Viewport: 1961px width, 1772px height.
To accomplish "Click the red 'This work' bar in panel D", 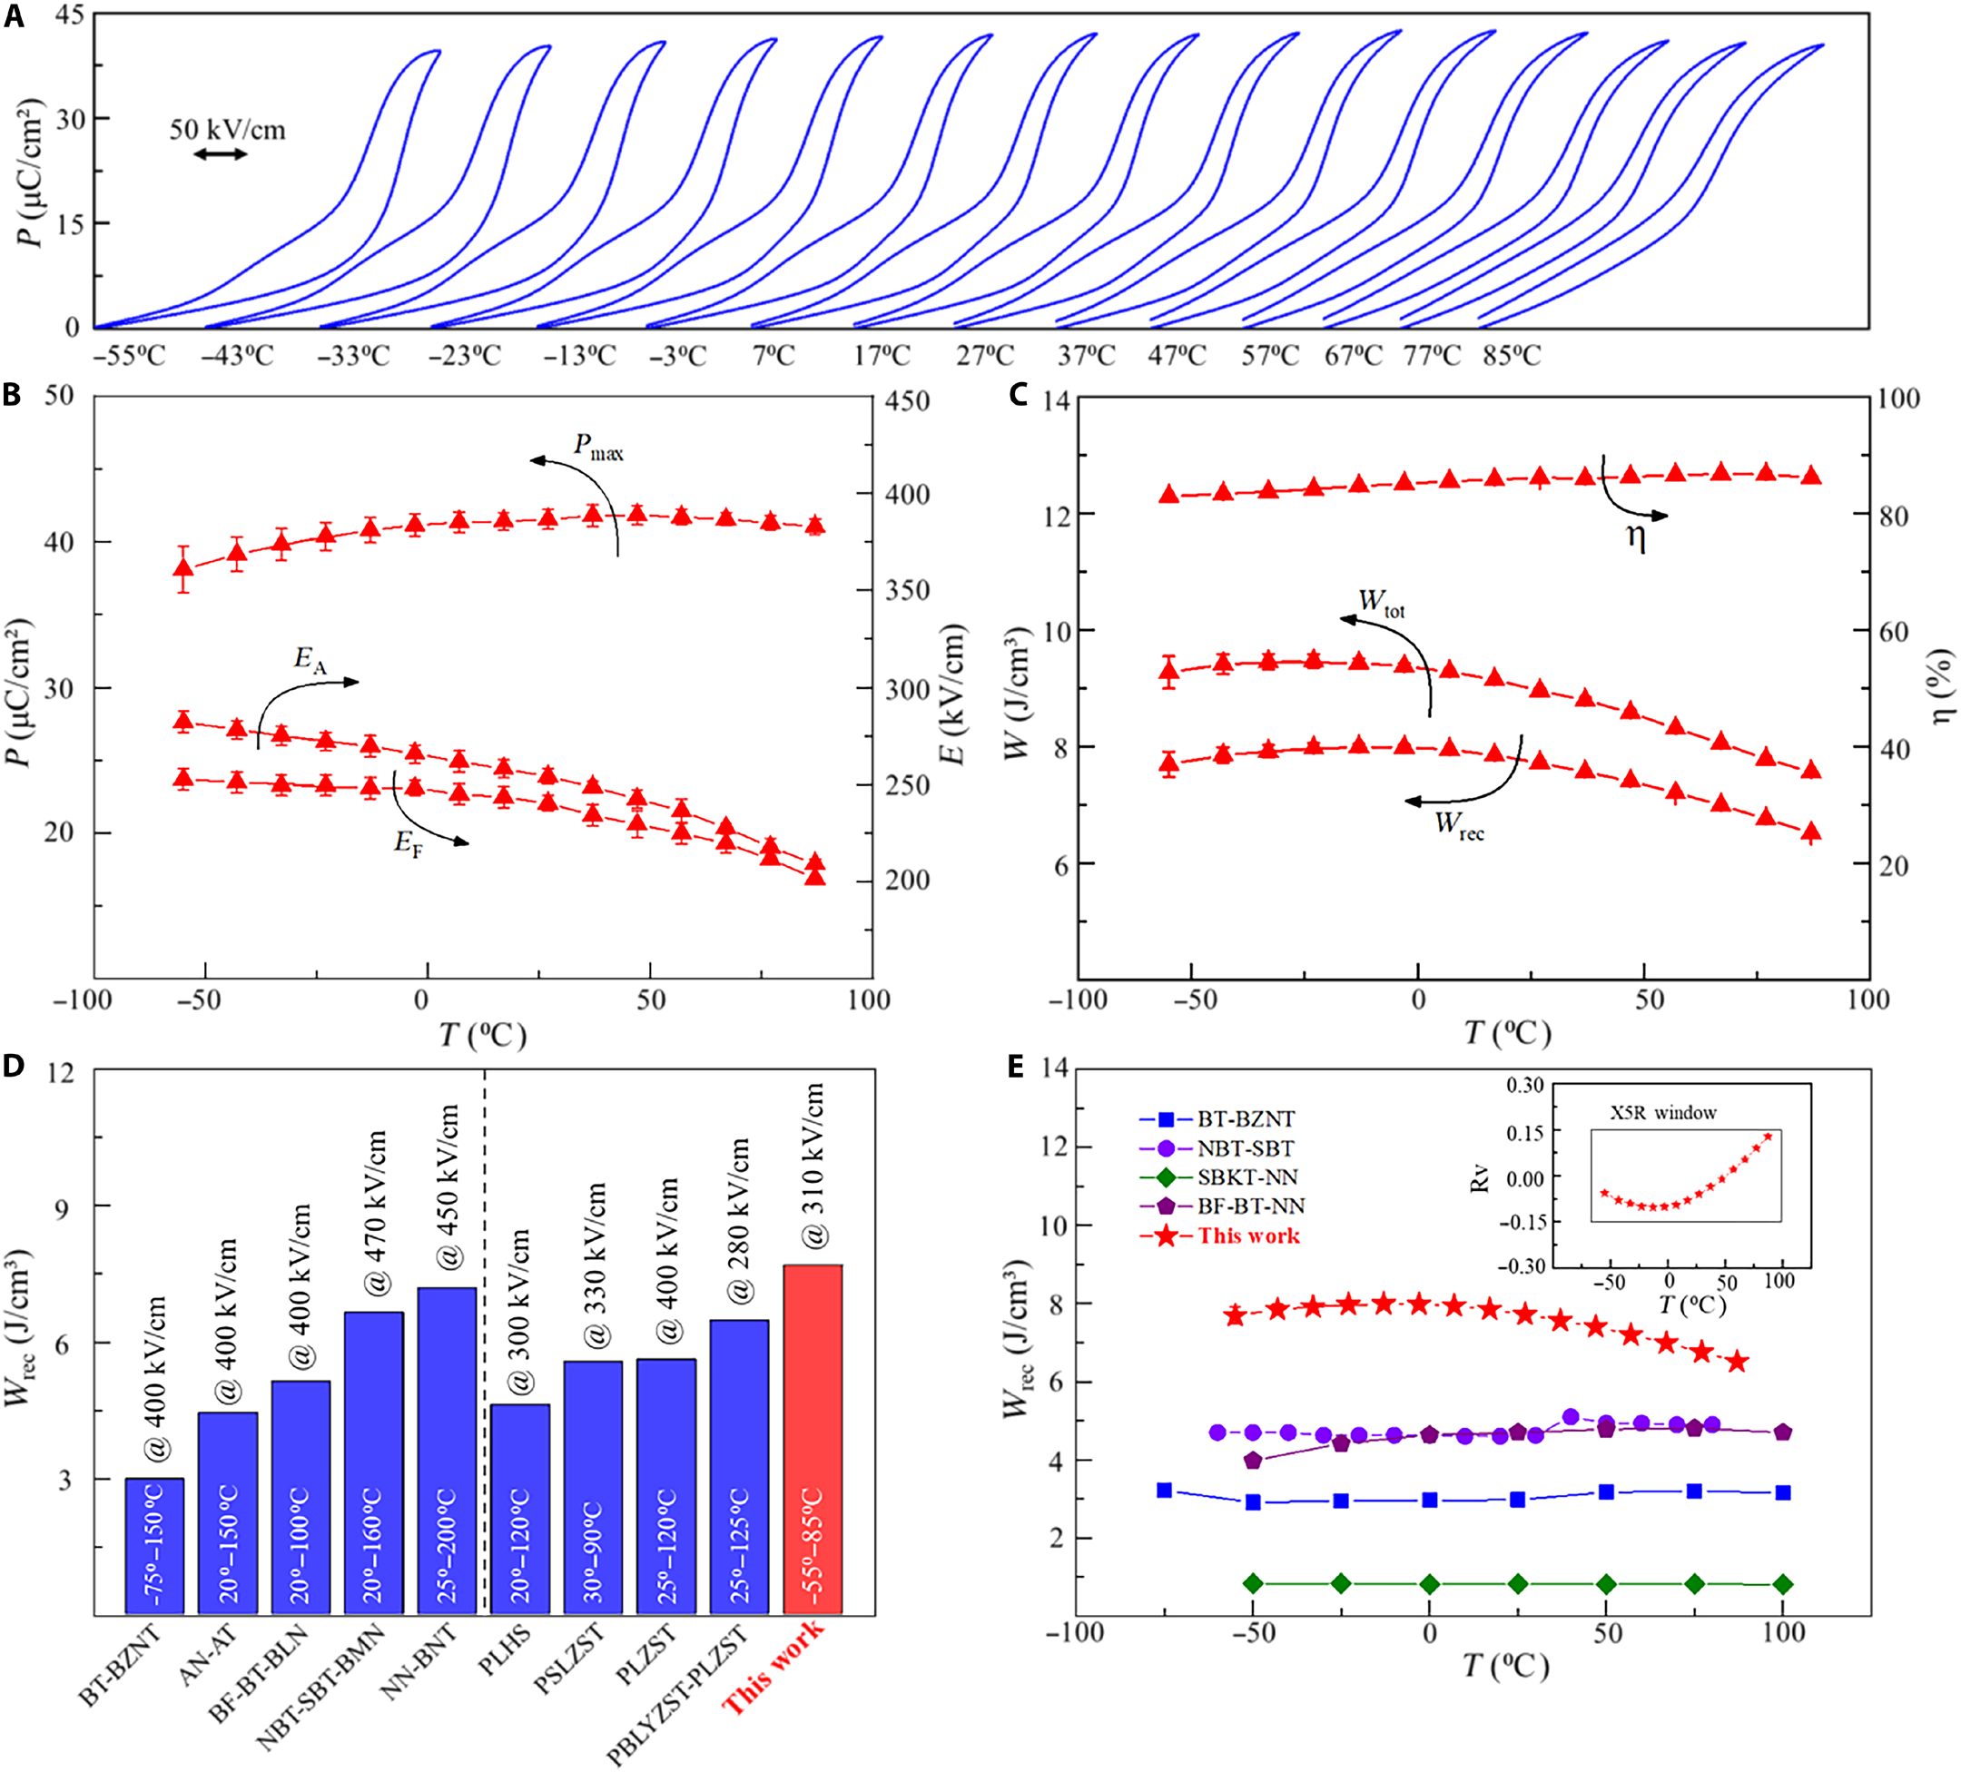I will tap(813, 1440).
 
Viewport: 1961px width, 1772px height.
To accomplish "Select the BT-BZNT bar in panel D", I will tap(153, 1546).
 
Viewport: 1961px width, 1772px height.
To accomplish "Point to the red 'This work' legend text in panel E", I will tap(1249, 1236).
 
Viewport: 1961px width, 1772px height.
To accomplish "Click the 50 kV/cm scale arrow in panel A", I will tap(221, 153).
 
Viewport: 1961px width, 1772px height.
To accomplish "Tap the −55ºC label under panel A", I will tap(129, 356).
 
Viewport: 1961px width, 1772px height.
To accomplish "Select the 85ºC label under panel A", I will tap(1512, 356).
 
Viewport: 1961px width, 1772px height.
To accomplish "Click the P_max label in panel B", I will tap(598, 448).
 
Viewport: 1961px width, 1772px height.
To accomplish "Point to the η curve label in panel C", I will tap(1636, 537).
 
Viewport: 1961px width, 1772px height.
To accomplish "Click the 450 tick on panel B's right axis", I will tap(907, 400).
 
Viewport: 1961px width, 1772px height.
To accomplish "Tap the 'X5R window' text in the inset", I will tap(1662, 1113).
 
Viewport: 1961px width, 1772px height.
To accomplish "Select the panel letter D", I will tap(14, 1066).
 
